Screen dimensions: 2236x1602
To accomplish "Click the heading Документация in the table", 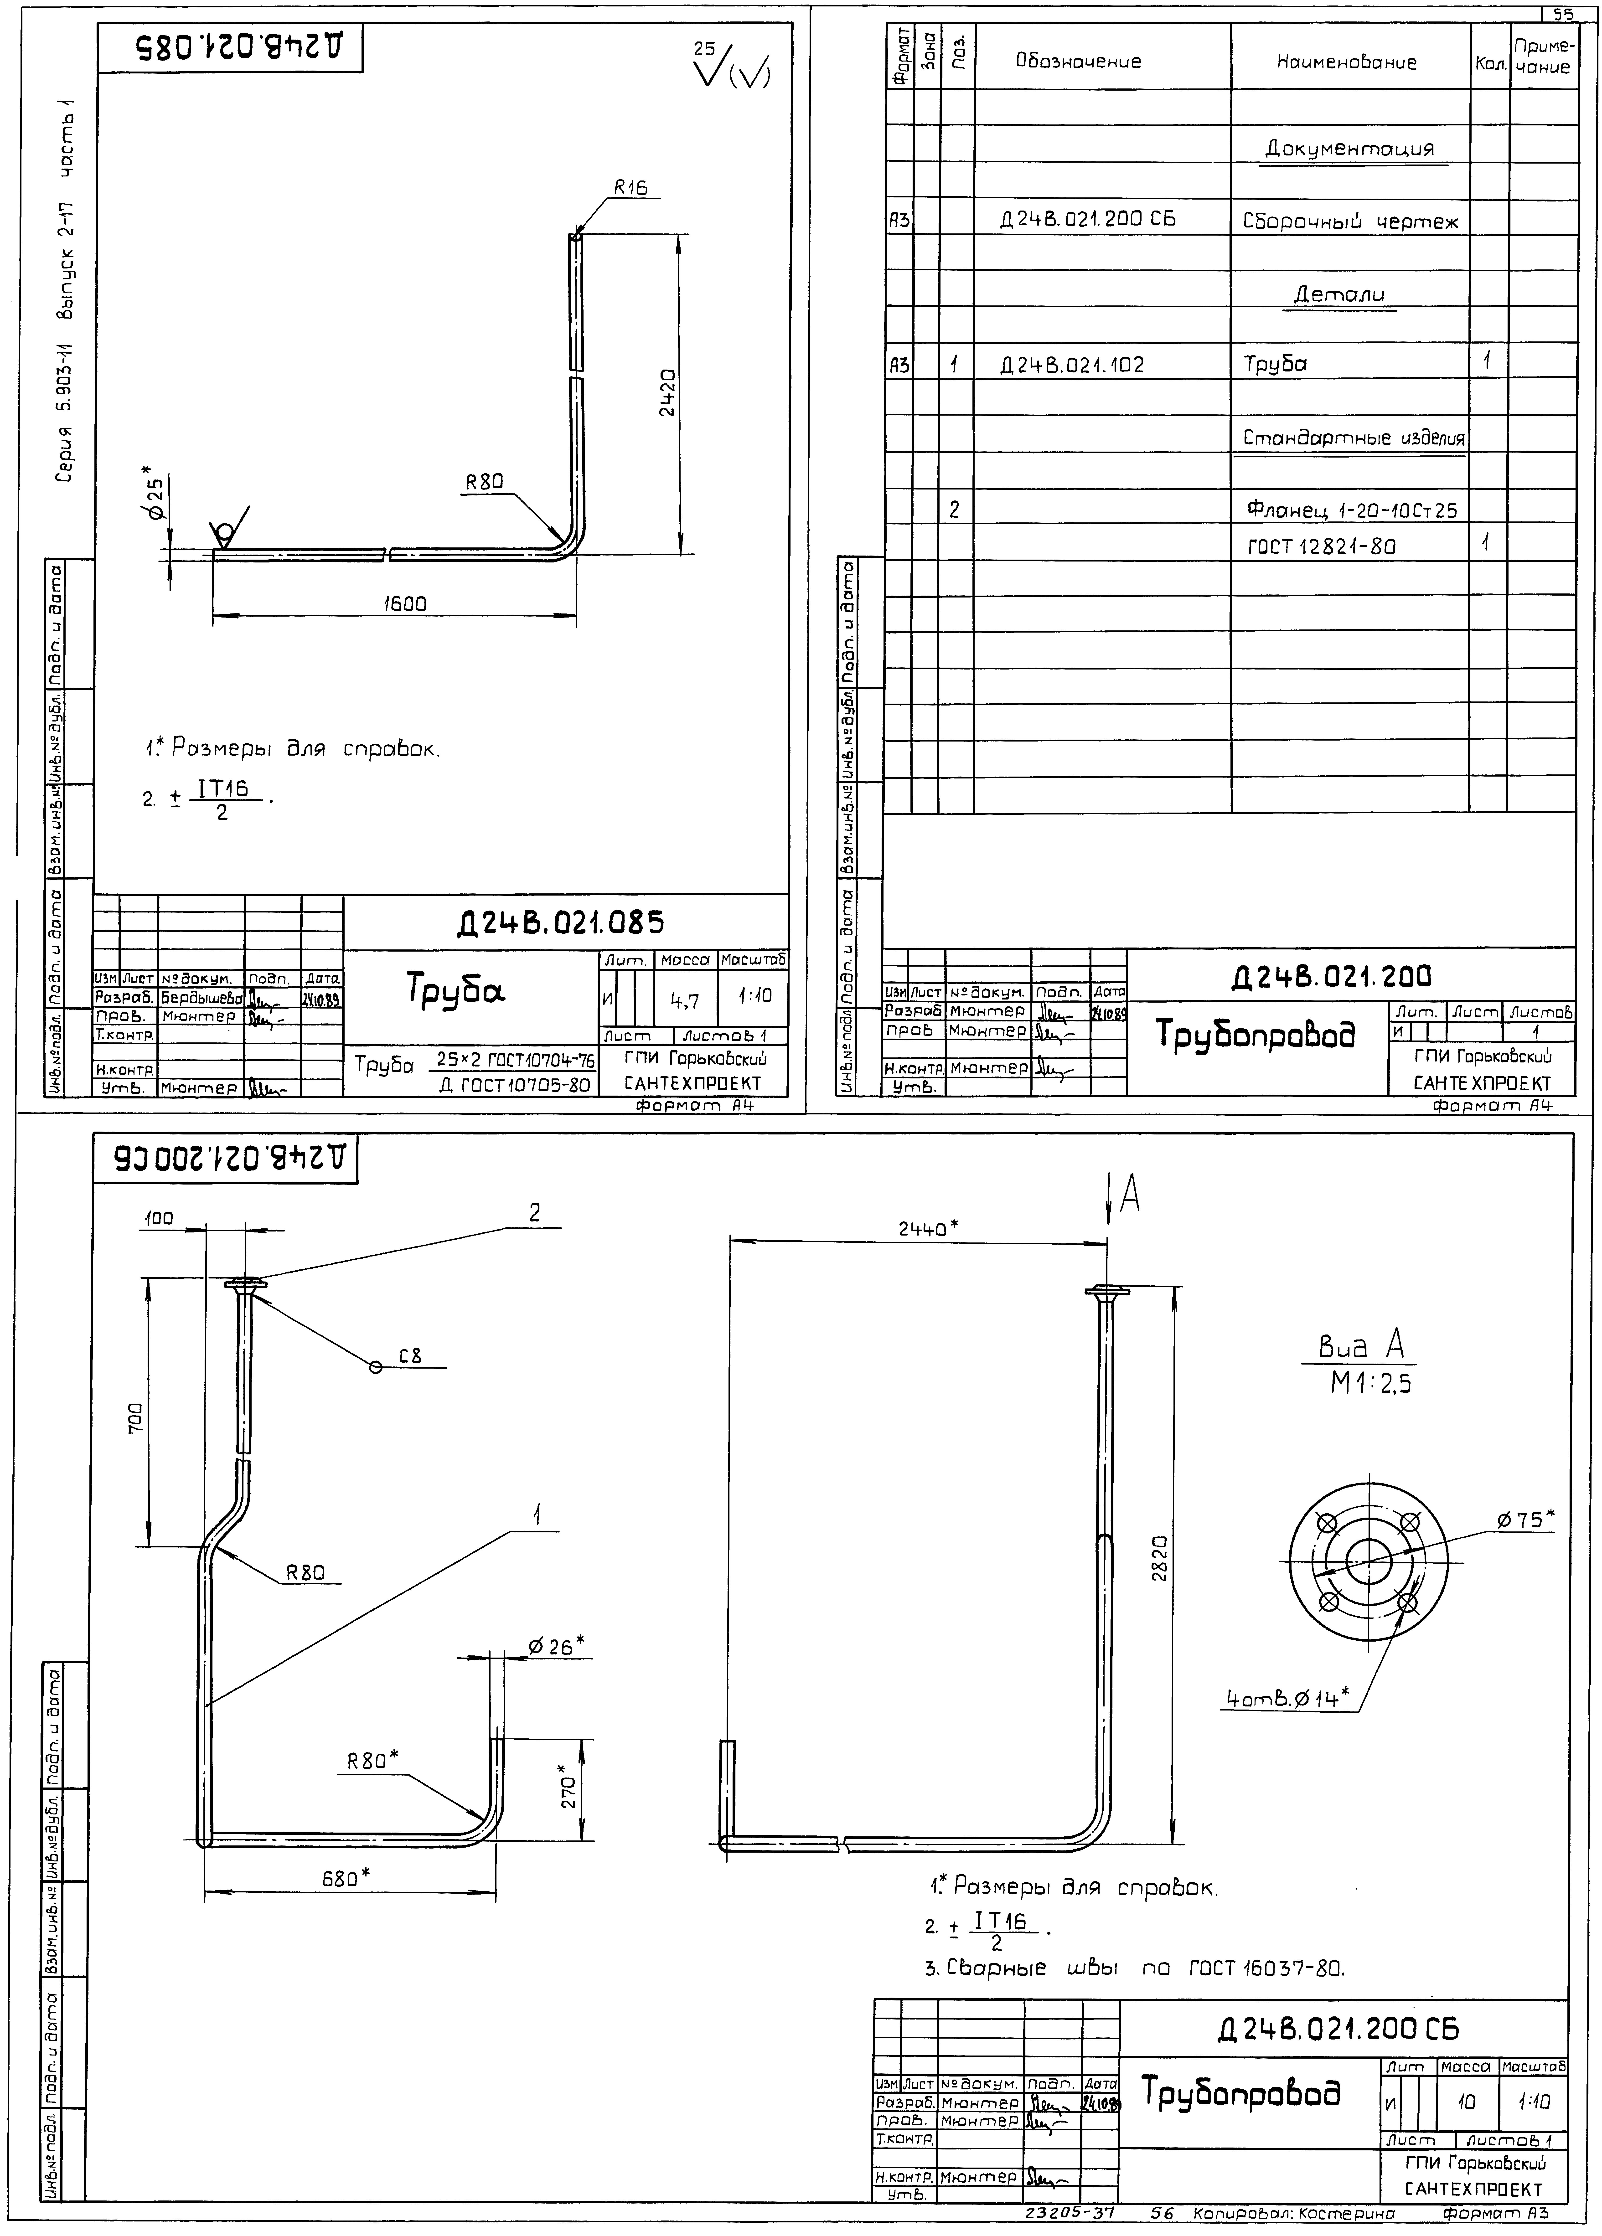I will pos(1349,149).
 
